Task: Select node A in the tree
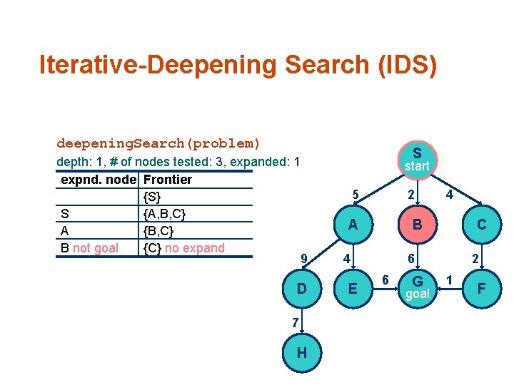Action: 352,225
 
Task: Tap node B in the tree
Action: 417,225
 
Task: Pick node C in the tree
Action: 482,225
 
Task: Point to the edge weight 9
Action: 304,258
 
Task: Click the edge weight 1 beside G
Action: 450,279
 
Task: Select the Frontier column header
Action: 168,180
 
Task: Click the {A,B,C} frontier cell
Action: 165,214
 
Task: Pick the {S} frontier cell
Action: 153,197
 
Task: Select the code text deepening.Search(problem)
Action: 158,143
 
